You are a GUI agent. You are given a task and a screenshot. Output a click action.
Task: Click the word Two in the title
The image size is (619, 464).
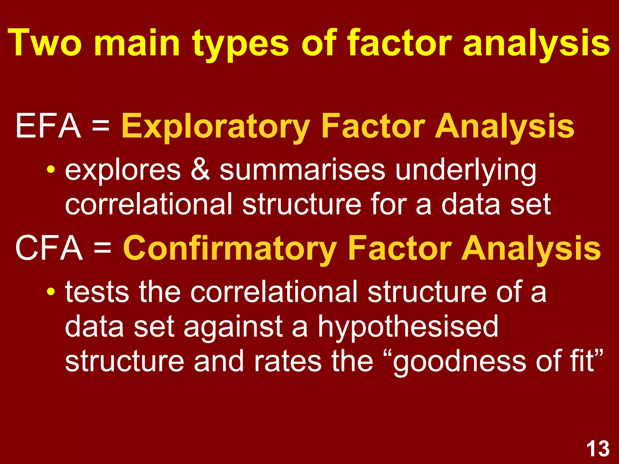45,43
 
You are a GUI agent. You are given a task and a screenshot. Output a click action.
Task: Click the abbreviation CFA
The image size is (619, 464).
49,248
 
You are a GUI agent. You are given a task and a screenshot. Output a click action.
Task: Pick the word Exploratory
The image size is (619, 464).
216,127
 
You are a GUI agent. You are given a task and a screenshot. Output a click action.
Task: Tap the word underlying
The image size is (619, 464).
466,171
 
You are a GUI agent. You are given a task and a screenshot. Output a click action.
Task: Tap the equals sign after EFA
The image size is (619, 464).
101,126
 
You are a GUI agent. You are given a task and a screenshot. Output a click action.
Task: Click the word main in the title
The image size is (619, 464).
137,43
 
